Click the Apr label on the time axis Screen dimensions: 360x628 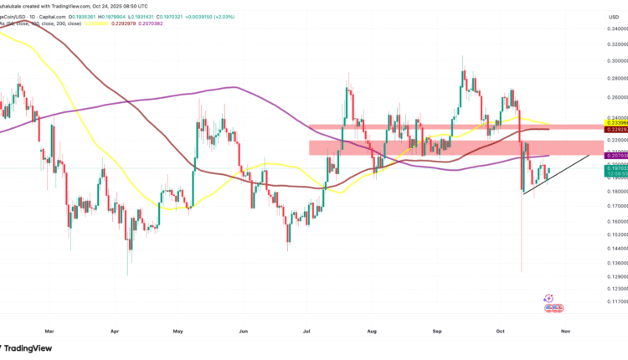tap(115, 332)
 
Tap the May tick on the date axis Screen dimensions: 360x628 tap(178, 332)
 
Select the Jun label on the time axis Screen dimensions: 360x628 tap(243, 332)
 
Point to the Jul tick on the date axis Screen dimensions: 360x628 tap(306, 332)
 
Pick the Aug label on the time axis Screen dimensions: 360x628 tap(371, 332)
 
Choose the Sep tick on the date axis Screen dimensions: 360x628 tap(436, 332)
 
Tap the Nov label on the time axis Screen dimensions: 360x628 tap(565, 332)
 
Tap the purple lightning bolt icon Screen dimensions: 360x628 tap(548, 297)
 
